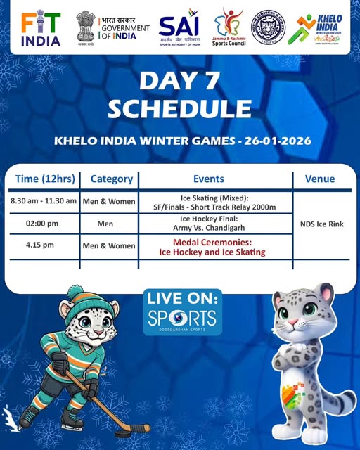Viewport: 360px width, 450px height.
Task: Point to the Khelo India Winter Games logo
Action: click(324, 28)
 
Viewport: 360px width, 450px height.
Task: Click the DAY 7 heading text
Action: click(180, 80)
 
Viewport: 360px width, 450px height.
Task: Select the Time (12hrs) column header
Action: click(44, 179)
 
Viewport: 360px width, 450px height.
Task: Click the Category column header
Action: click(112, 179)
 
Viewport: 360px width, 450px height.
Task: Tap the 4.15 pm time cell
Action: click(41, 245)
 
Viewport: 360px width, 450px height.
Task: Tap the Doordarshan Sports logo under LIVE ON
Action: click(182, 319)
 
